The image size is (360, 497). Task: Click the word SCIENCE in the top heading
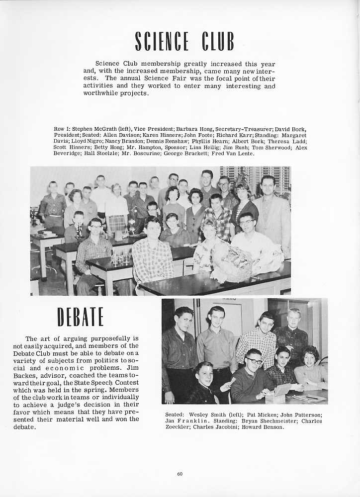[x=162, y=41]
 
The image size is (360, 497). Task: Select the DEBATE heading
[x=80, y=317]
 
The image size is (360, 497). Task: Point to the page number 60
[x=180, y=474]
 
